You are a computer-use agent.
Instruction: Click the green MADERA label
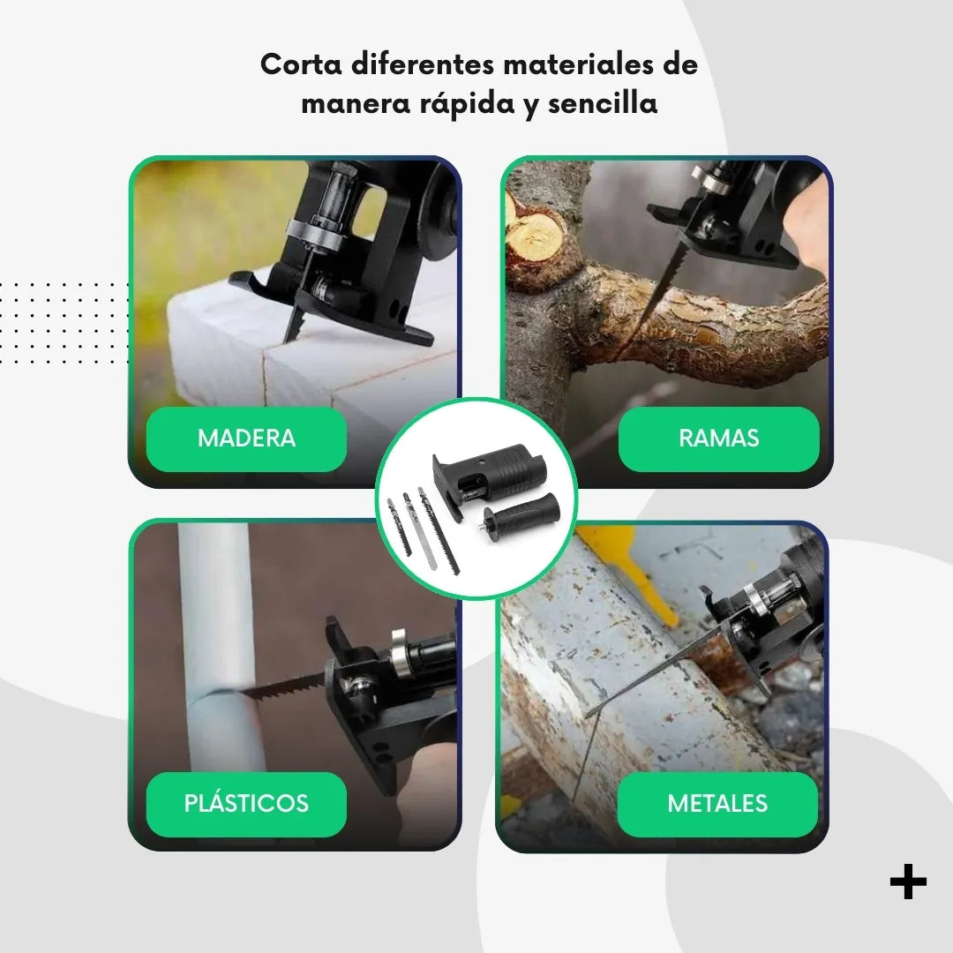point(246,439)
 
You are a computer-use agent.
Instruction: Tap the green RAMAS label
point(718,439)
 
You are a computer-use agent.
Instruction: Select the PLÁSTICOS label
point(246,804)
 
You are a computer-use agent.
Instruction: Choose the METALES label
point(717,804)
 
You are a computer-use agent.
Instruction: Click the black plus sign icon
point(908,882)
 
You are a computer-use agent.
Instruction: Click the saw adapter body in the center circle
point(488,474)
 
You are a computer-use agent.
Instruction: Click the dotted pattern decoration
point(64,323)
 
